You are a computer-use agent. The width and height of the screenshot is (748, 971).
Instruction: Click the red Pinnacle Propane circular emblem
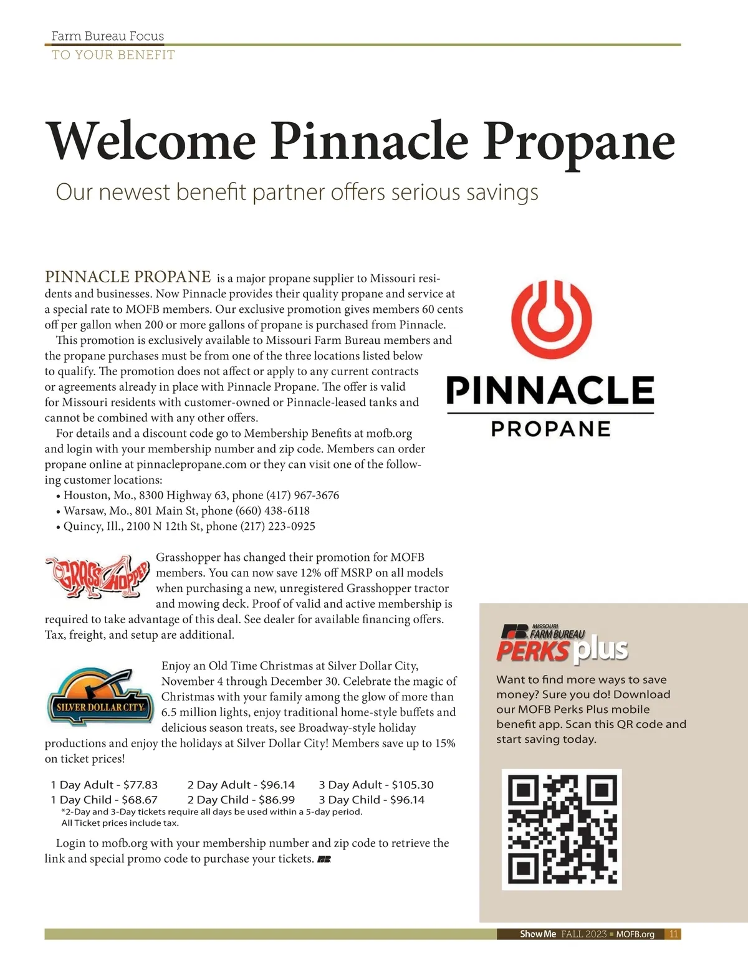(550, 319)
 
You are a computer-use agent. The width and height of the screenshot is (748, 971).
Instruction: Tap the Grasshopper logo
(98, 577)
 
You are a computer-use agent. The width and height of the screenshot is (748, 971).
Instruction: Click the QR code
(562, 829)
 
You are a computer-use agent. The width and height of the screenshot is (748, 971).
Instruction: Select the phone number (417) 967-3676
(303, 495)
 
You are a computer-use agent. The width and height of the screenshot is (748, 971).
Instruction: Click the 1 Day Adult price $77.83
(140, 785)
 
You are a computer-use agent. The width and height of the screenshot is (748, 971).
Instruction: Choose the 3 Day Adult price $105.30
(412, 785)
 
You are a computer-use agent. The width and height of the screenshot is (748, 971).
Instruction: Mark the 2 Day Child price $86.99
(276, 800)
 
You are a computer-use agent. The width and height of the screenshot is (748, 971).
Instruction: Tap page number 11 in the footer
(673, 934)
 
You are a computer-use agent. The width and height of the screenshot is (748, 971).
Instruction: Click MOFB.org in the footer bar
(635, 934)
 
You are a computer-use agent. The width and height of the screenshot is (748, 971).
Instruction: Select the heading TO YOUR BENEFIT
(113, 55)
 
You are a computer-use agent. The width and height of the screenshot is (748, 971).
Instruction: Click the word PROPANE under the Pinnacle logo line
(550, 429)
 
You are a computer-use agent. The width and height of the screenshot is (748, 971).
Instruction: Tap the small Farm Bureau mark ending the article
(324, 859)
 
